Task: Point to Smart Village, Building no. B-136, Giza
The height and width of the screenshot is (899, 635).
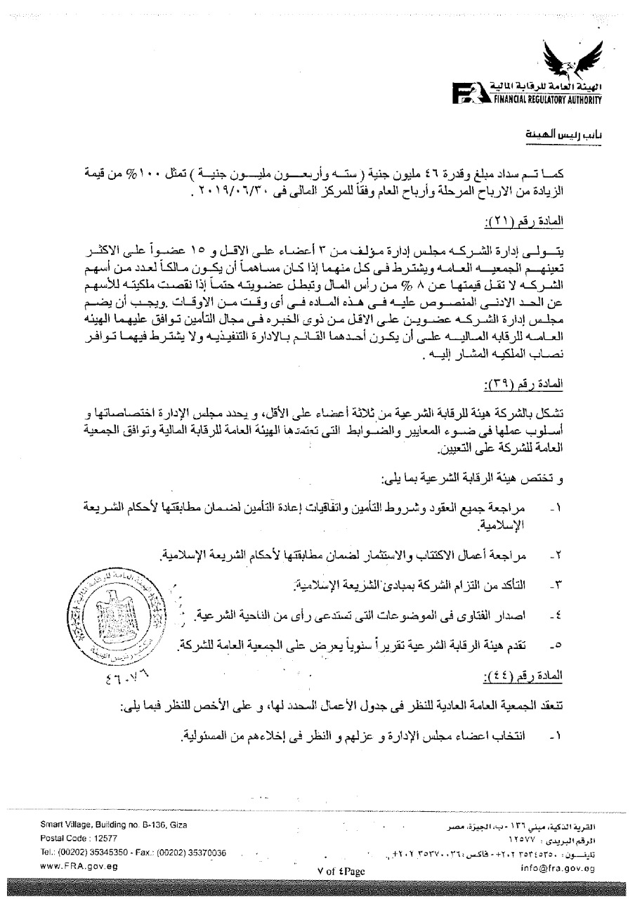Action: (x=114, y=824)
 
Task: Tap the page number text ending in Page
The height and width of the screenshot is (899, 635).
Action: (x=341, y=871)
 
